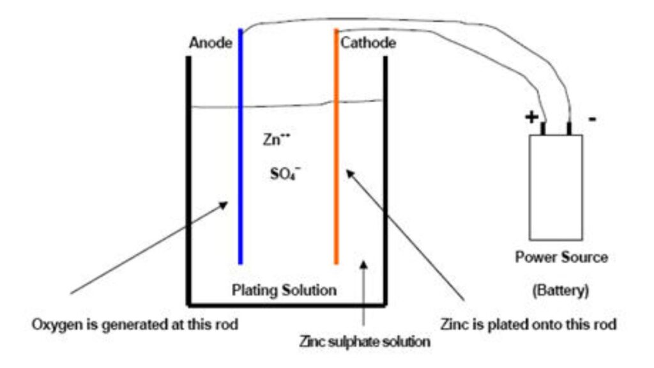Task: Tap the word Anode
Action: pos(209,43)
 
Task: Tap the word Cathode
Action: pos(368,43)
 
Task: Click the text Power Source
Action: pos(561,258)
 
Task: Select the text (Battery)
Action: pos(561,289)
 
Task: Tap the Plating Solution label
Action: pos(284,290)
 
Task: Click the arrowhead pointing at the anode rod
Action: pos(223,204)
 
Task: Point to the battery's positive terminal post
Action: pos(544,128)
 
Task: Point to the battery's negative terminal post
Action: pos(568,128)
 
